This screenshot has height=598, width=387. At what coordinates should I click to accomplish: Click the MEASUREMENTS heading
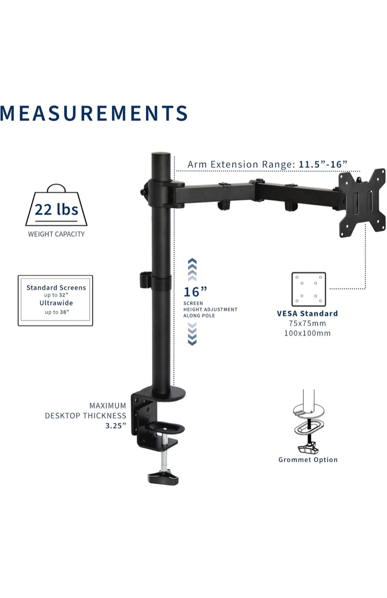click(94, 113)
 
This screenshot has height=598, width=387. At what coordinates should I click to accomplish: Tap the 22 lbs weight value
click(56, 210)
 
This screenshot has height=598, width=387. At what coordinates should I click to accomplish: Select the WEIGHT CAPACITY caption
click(56, 234)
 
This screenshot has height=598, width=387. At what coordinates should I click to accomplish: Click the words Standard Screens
click(56, 287)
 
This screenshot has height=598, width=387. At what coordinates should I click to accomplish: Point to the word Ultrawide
click(56, 303)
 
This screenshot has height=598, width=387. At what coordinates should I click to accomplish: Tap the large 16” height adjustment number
click(195, 292)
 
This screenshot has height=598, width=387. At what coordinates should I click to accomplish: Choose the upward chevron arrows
click(192, 270)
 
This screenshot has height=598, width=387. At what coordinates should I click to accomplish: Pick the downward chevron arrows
click(192, 334)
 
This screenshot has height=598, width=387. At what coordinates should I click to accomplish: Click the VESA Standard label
click(307, 314)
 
